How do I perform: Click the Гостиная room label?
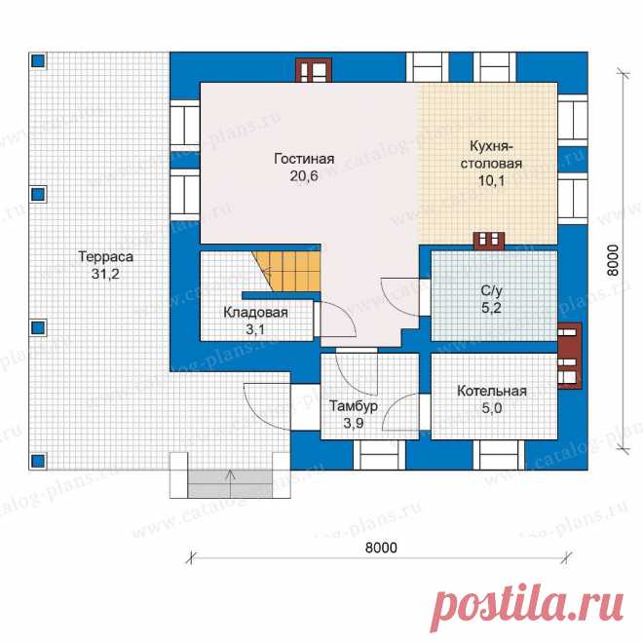(304, 159)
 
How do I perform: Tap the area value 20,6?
(304, 176)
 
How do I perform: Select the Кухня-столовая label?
(491, 155)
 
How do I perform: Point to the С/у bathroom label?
(491, 290)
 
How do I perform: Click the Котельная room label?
(492, 391)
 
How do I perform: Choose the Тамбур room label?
(354, 406)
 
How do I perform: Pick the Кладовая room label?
(255, 313)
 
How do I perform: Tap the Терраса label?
(106, 256)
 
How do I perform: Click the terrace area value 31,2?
(105, 274)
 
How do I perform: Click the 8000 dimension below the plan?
(381, 548)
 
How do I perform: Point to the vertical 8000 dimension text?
(612, 260)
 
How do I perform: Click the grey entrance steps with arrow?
(231, 483)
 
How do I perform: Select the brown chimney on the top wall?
(314, 70)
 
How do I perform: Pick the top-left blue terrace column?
(38, 61)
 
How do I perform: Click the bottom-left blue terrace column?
(38, 461)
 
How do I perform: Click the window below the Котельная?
(499, 455)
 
